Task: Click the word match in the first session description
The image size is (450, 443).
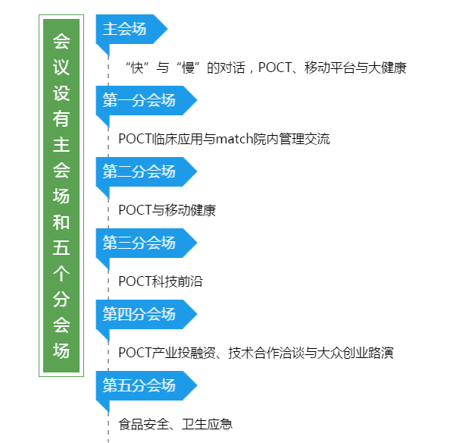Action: coord(234,139)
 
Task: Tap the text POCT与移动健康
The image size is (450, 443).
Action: coord(167,210)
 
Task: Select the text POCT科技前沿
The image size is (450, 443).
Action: coord(161,281)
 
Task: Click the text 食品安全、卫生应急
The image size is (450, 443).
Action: coord(175,424)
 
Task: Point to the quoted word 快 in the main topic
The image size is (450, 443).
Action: coord(137,68)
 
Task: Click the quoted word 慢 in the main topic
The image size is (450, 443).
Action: coord(188,68)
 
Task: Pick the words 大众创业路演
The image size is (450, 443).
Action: coord(355,353)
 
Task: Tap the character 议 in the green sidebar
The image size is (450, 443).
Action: coord(61,68)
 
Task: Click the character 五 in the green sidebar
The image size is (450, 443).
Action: coord(61,247)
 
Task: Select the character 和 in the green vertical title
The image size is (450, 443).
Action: coord(61,221)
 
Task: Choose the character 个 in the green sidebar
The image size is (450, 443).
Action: coord(61,273)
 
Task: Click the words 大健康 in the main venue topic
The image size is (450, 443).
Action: coord(387,68)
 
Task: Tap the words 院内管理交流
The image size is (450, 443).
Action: coord(292,139)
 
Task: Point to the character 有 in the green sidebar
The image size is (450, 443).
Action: coord(61,118)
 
